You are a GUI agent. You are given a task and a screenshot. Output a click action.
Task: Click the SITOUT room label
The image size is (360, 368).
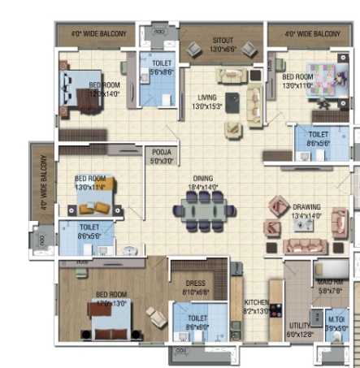(222, 41)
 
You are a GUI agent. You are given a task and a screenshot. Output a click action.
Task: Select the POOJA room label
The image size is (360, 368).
(161, 152)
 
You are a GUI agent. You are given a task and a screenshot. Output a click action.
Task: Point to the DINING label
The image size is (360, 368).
(203, 178)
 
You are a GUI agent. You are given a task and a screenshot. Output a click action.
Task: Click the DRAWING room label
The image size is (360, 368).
(306, 206)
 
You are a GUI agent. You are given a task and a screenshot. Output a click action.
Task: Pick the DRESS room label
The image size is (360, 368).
(193, 284)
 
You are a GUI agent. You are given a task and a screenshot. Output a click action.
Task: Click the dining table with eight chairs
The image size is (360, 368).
(204, 210)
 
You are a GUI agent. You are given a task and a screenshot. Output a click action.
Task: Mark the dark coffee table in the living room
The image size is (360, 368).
(232, 102)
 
